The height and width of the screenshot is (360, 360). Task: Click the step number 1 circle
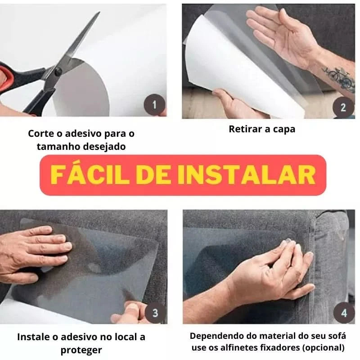tap(154, 106)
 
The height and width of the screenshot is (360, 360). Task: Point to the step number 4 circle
tap(344, 313)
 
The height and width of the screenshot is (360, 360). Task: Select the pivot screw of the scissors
tap(58, 71)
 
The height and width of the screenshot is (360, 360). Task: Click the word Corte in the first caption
tap(40, 134)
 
